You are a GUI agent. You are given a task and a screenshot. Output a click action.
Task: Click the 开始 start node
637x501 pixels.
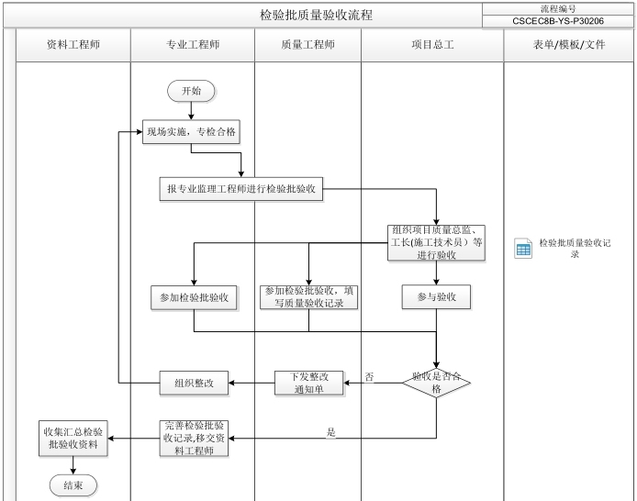click(191, 90)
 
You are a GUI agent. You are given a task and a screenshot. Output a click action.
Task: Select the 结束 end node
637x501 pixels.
click(73, 485)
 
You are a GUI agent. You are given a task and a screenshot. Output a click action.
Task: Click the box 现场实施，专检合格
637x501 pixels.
click(191, 133)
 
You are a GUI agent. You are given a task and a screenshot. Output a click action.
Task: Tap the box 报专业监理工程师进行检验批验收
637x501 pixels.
click(240, 189)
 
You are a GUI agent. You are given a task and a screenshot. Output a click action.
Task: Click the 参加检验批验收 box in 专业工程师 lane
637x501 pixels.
click(193, 298)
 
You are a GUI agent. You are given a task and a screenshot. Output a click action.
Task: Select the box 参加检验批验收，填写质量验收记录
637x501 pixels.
click(308, 296)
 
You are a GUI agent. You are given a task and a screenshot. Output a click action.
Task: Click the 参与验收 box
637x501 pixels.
click(436, 297)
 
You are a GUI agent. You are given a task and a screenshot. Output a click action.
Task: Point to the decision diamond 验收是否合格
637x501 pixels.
click(436, 383)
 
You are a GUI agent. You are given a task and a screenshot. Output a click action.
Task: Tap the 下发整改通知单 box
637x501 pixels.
click(308, 383)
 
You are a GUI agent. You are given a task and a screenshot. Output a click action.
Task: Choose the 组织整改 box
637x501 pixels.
click(193, 383)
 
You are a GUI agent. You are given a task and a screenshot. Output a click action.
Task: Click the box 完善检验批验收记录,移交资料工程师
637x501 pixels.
click(193, 438)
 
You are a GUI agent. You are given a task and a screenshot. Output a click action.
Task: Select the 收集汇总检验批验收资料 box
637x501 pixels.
click(73, 438)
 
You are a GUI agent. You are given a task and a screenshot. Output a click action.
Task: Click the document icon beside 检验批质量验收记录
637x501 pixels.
click(523, 249)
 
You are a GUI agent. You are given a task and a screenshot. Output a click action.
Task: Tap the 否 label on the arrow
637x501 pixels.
click(369, 377)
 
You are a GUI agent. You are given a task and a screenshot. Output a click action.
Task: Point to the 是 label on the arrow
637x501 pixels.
click(331, 432)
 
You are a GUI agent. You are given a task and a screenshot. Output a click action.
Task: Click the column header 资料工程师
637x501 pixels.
click(73, 44)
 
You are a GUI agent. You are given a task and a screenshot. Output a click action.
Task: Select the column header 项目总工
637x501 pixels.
click(431, 44)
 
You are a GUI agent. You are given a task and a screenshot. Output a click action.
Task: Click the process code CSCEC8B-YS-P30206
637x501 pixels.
click(558, 20)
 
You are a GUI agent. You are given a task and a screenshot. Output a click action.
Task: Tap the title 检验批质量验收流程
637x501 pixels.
click(316, 16)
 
